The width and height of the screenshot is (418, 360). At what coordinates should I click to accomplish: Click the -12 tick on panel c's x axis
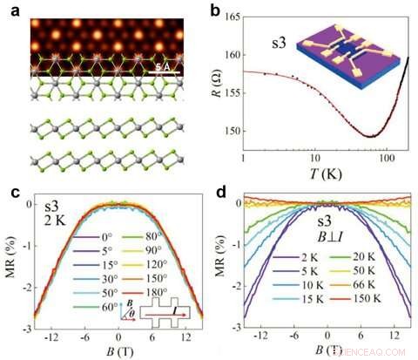(55, 336)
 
